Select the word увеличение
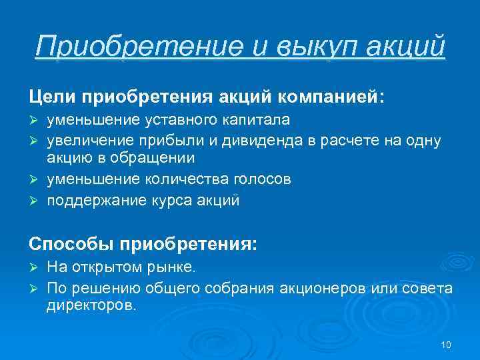88,139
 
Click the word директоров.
91,306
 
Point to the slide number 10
446,345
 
